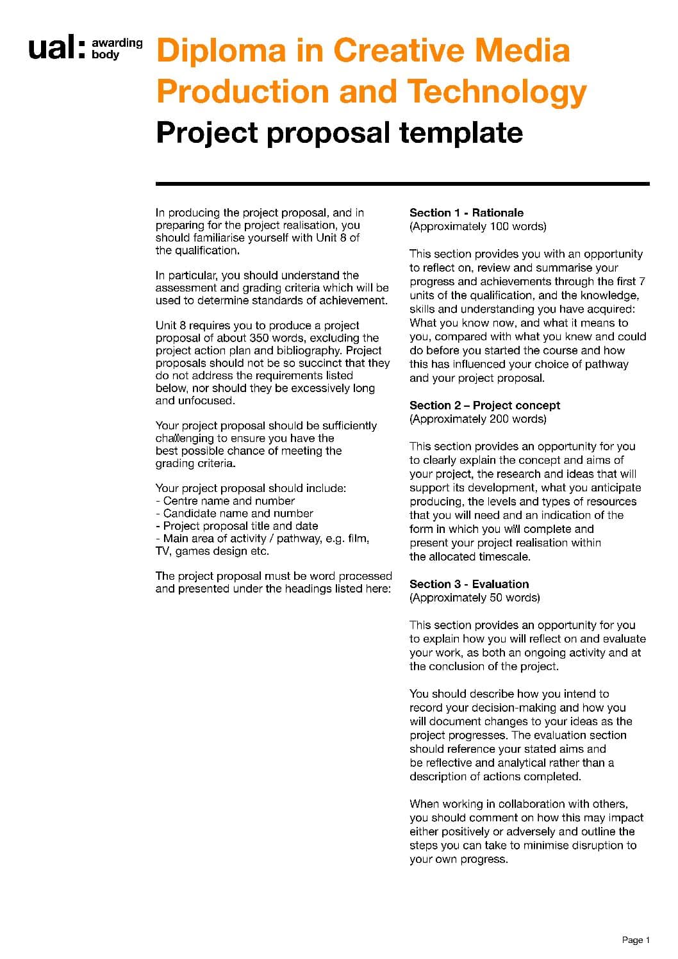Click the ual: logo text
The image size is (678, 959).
pyautogui.click(x=56, y=49)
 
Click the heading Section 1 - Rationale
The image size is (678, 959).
pyautogui.click(x=466, y=213)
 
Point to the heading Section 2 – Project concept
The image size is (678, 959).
pyautogui.click(x=484, y=406)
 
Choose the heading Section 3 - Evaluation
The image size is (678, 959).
pyautogui.click(x=469, y=584)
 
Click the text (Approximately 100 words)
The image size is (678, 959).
pyautogui.click(x=477, y=227)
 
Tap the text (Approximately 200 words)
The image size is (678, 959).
pyautogui.click(x=477, y=420)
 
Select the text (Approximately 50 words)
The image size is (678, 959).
pyautogui.click(x=474, y=598)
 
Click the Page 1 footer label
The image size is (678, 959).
pyautogui.click(x=635, y=940)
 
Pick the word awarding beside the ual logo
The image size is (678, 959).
pyautogui.click(x=117, y=43)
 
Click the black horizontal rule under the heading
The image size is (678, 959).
pyautogui.click(x=402, y=184)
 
